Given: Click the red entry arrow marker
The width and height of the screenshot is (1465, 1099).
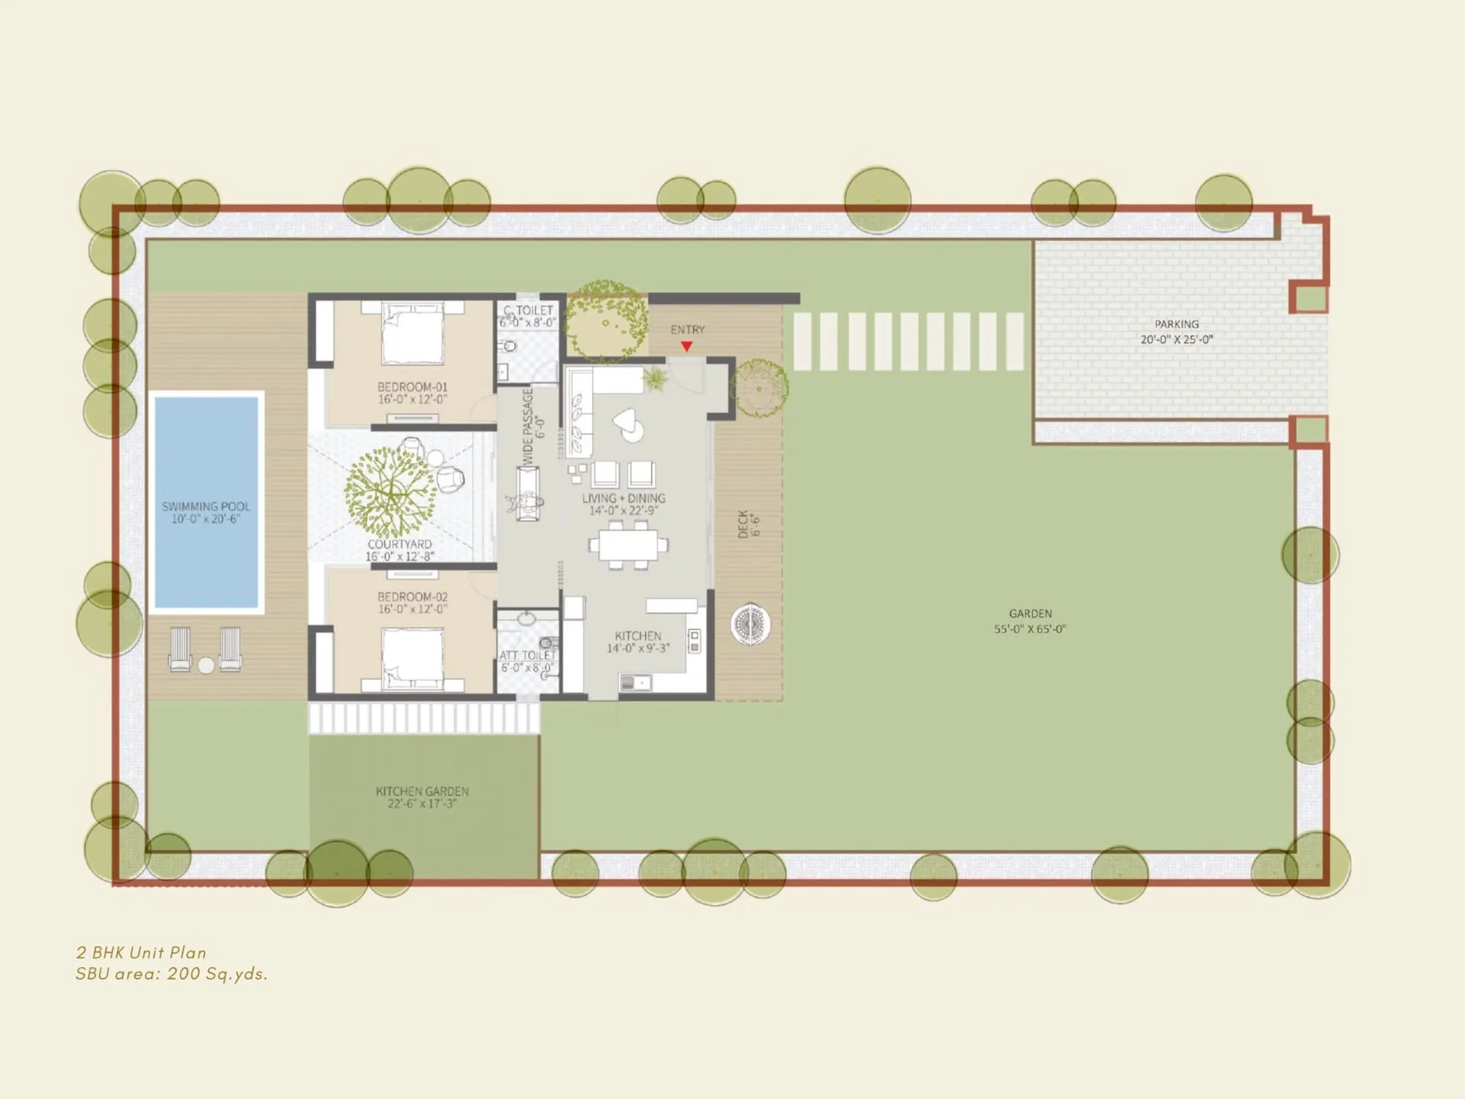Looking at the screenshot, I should click(686, 346).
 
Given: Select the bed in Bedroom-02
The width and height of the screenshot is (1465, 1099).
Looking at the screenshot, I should click(412, 658).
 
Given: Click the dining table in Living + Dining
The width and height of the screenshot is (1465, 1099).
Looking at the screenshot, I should click(628, 545).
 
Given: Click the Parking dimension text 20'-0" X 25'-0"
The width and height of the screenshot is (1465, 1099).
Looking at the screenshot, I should click(1176, 339).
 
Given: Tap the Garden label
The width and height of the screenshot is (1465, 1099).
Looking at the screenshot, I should click(1030, 613).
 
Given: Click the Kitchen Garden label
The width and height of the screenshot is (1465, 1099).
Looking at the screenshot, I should click(422, 791).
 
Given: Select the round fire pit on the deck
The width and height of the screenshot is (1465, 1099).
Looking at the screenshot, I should click(751, 624).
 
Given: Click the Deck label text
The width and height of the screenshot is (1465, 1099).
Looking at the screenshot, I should click(743, 524).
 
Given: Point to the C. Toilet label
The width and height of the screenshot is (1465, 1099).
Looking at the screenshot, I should click(528, 311).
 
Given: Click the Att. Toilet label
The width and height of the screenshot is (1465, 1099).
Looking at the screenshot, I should click(527, 655).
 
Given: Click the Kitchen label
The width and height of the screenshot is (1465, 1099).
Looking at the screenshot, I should click(638, 636).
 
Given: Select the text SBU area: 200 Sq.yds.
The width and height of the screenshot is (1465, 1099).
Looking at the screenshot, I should click(171, 974).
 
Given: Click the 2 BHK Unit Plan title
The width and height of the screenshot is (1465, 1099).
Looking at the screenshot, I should click(141, 952).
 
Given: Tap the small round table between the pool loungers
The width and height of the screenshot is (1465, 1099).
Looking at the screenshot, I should click(206, 665).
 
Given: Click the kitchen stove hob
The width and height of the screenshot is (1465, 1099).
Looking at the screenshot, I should click(694, 641).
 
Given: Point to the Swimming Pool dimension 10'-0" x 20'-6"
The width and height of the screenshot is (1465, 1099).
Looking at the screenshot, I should click(206, 519).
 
